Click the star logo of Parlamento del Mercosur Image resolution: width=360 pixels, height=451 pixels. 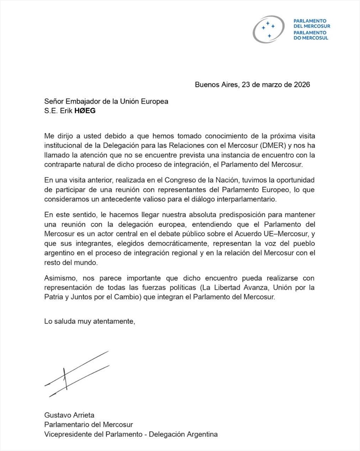point(268,29)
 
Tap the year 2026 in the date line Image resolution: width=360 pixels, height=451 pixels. point(302,85)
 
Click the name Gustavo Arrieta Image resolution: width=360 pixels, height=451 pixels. point(69,415)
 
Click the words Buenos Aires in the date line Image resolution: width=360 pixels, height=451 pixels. point(216,85)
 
